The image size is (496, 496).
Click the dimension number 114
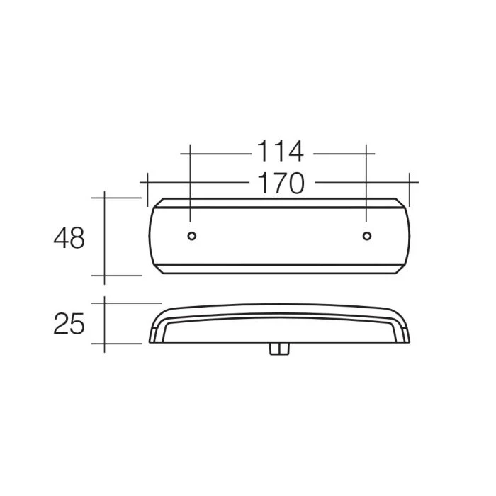pos(281,152)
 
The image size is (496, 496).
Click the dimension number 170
pos(281,184)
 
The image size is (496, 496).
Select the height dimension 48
pos(69,238)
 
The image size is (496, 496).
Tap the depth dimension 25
pos(69,324)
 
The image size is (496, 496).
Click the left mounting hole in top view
pos(192,236)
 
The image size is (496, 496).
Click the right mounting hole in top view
pos(367,236)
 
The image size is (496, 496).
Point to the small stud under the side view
pos(279,349)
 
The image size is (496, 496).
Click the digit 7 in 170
pos(280,184)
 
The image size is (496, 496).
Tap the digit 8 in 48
pos(77,238)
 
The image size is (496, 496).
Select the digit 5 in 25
pos(77,324)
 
